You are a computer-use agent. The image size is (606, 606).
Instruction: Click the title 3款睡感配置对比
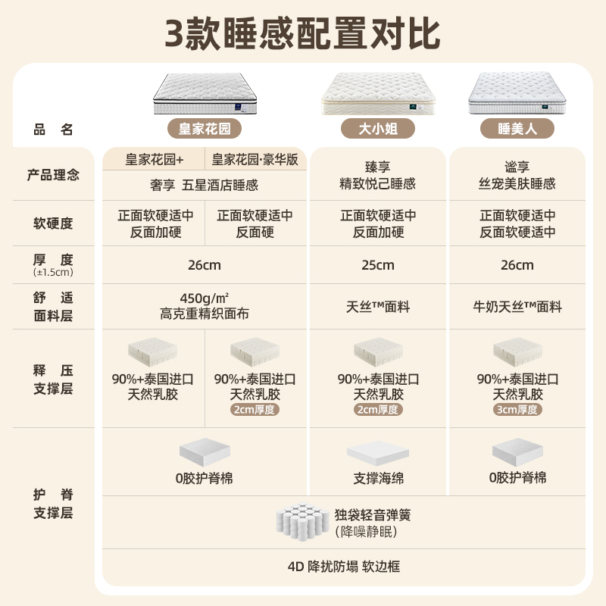tap(303, 33)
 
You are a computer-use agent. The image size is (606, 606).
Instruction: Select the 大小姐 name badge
tap(378, 127)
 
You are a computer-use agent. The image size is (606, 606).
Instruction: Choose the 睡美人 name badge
tap(517, 128)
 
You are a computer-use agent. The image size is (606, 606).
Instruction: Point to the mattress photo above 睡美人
tap(517, 93)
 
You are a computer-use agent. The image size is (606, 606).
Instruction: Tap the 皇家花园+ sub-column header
tap(155, 160)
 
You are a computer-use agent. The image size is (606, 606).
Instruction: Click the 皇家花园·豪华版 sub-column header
tap(255, 160)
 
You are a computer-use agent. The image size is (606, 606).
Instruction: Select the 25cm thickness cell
tap(378, 265)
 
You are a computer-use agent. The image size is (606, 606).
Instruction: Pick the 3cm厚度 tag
tap(517, 410)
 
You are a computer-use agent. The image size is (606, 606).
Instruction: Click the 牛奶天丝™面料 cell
tap(517, 307)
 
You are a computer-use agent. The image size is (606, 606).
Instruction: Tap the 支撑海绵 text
tap(378, 479)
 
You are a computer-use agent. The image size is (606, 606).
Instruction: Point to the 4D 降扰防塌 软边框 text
tap(343, 567)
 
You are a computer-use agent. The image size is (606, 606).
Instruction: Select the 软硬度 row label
tap(53, 223)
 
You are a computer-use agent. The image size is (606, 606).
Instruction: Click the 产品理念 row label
tap(53, 175)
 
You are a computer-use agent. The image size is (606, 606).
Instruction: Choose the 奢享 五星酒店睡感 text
tap(205, 184)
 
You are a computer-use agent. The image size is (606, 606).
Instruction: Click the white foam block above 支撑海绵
tap(378, 453)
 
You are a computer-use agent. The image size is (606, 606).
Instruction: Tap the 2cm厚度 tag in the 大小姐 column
tap(378, 410)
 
